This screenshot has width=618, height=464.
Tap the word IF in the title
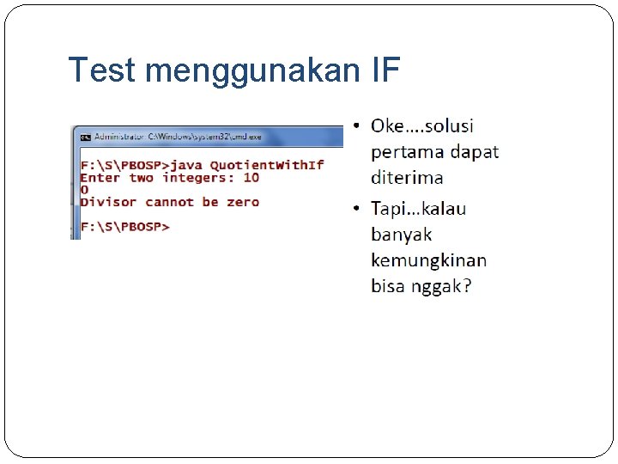pyautogui.click(x=385, y=70)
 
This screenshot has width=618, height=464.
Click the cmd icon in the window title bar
pyautogui.click(x=85, y=137)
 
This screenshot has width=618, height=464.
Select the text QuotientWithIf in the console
pyautogui.click(x=266, y=164)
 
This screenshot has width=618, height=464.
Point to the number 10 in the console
pyautogui.click(x=251, y=177)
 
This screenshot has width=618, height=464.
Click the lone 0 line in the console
pyautogui.click(x=84, y=189)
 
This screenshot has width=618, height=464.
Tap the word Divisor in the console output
pyautogui.click(x=108, y=202)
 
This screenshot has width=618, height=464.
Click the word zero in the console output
pyautogui.click(x=242, y=202)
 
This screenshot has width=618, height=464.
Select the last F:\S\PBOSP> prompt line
pyautogui.click(x=124, y=227)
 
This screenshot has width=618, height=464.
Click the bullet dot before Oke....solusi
pyautogui.click(x=358, y=127)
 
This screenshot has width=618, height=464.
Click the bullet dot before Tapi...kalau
pyautogui.click(x=358, y=209)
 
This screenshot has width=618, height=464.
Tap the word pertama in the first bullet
pyautogui.click(x=408, y=152)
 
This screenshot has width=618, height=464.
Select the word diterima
pyautogui.click(x=407, y=178)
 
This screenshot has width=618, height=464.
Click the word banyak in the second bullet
pyautogui.click(x=401, y=234)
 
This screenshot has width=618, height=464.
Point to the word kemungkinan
pyautogui.click(x=428, y=259)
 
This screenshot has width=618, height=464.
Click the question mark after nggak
pyautogui.click(x=466, y=285)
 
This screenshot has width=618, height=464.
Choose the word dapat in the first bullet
pyautogui.click(x=475, y=152)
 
